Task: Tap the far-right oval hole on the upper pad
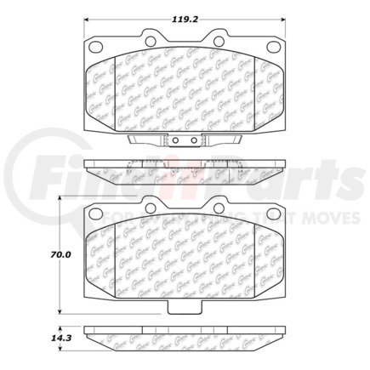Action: coord(270,47)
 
